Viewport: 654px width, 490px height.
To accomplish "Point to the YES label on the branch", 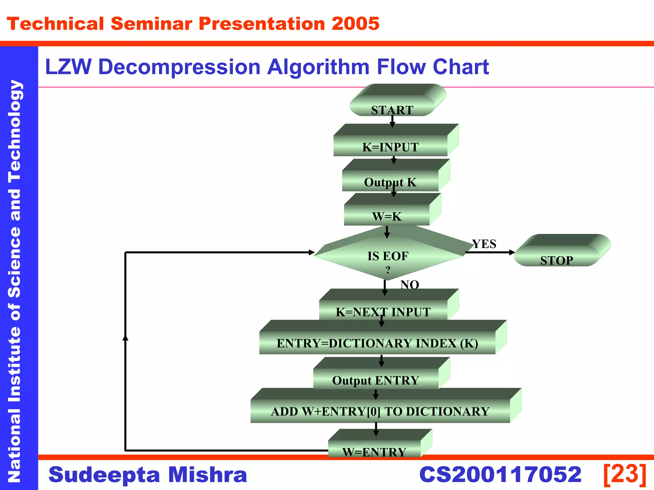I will (484, 244).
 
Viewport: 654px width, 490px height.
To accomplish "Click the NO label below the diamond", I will (410, 285).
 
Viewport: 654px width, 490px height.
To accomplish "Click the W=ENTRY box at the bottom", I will (374, 449).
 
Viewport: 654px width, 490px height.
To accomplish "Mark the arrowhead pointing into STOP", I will (512, 252).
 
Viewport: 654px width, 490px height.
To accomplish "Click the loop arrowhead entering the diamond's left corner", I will (312, 252).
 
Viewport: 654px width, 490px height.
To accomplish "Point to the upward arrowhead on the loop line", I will (125, 338).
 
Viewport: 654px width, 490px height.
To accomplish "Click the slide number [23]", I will (625, 474).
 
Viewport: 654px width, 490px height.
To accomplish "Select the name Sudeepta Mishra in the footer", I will (148, 474).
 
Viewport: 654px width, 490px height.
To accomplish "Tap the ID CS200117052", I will (500, 474).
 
